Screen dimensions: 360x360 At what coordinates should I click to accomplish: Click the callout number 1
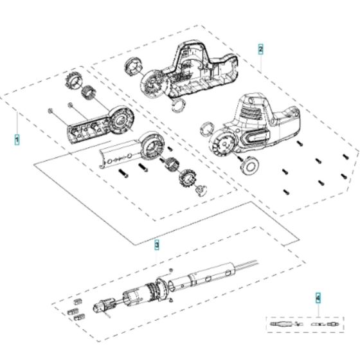(17, 138)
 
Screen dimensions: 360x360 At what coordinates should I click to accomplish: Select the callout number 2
(260, 49)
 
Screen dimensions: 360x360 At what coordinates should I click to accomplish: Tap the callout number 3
(156, 244)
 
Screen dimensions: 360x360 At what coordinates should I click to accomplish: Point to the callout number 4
(318, 298)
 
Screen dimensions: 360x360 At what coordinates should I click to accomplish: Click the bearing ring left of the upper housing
(135, 65)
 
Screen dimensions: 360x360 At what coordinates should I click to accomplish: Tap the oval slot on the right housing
(256, 136)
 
